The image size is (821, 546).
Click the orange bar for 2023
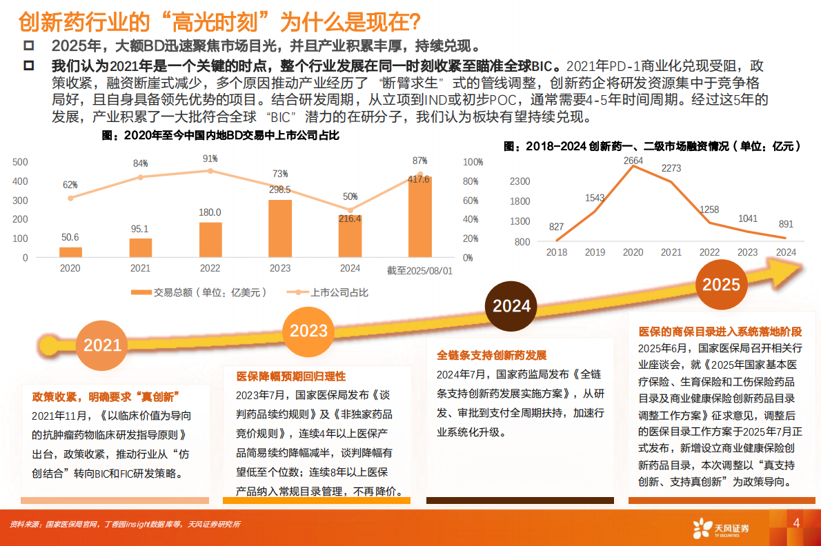pyautogui.click(x=279, y=228)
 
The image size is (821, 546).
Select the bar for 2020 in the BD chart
pyautogui.click(x=70, y=252)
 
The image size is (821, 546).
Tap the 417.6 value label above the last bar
pyautogui.click(x=418, y=179)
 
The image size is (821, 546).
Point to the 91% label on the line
pyautogui.click(x=210, y=159)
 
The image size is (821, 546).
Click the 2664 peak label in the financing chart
pyautogui.click(x=632, y=161)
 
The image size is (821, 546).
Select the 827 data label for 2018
pyautogui.click(x=557, y=227)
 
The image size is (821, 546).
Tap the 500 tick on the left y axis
pyautogui.click(x=21, y=162)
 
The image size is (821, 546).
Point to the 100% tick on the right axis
pyautogui.click(x=473, y=162)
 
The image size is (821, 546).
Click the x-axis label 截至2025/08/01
pyautogui.click(x=419, y=270)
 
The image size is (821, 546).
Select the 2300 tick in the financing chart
pyautogui.click(x=519, y=181)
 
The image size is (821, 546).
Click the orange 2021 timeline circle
pyautogui.click(x=102, y=345)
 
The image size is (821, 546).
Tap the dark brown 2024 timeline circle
pyautogui.click(x=511, y=305)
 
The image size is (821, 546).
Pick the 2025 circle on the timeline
pyautogui.click(x=722, y=284)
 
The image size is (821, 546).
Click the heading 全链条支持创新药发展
pyautogui.click(x=491, y=356)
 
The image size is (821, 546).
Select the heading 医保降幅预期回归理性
pyautogui.click(x=290, y=376)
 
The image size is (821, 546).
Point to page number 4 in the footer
pyautogui.click(x=797, y=523)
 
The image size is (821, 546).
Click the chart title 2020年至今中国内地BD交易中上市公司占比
pyautogui.click(x=221, y=136)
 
